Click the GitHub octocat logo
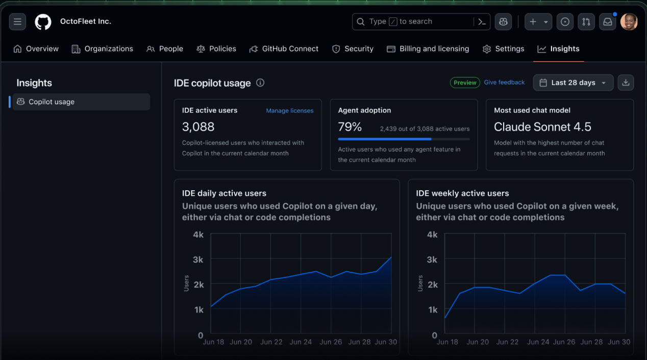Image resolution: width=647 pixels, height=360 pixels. click(x=43, y=22)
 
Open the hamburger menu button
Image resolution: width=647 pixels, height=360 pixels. click(x=17, y=22)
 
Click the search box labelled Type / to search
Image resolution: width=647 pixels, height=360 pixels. click(x=413, y=21)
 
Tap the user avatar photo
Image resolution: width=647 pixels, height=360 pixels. click(x=629, y=22)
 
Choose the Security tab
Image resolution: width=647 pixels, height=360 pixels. click(x=353, y=49)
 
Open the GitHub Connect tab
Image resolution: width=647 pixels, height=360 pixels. click(x=284, y=49)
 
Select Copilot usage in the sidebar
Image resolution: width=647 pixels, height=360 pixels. click(x=51, y=102)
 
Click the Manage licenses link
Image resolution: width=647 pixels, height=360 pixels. click(x=290, y=111)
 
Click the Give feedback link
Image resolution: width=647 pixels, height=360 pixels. click(x=504, y=83)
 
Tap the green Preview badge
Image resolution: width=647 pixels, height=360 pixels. click(x=465, y=83)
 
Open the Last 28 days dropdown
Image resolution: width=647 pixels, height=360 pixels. click(x=573, y=83)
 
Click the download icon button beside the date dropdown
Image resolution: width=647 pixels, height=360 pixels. click(x=626, y=83)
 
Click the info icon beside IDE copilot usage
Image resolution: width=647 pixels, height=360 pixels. click(x=260, y=83)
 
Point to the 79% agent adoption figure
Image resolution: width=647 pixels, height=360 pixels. click(x=350, y=127)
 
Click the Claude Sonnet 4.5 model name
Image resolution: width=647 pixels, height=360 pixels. click(x=542, y=127)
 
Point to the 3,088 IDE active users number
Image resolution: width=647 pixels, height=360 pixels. click(x=198, y=127)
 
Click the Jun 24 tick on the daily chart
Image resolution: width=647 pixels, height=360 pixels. click(x=301, y=342)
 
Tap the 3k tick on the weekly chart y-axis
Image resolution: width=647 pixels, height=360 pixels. click(x=432, y=260)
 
